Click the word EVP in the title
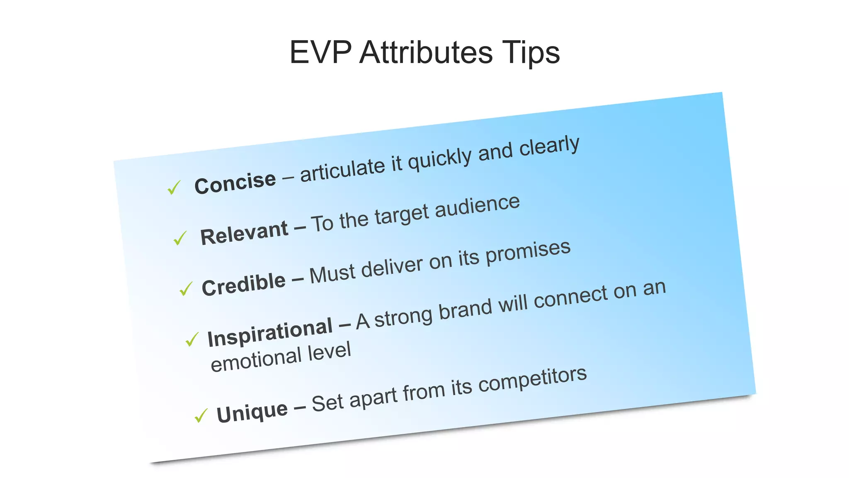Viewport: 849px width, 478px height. (320, 53)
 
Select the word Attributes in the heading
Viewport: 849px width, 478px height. (426, 53)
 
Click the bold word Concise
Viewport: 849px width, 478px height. (235, 183)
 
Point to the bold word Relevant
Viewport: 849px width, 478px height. (244, 233)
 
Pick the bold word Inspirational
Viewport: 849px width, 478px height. (270, 333)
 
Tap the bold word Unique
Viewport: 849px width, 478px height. (252, 412)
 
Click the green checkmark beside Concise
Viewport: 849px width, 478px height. (174, 188)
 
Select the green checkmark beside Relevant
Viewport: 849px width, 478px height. (180, 238)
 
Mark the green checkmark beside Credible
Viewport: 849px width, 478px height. (186, 289)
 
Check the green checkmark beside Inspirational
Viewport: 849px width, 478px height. (192, 339)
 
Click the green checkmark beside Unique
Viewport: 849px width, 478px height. (201, 415)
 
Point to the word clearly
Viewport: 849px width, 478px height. (549, 146)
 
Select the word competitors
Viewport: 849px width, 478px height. (533, 380)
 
